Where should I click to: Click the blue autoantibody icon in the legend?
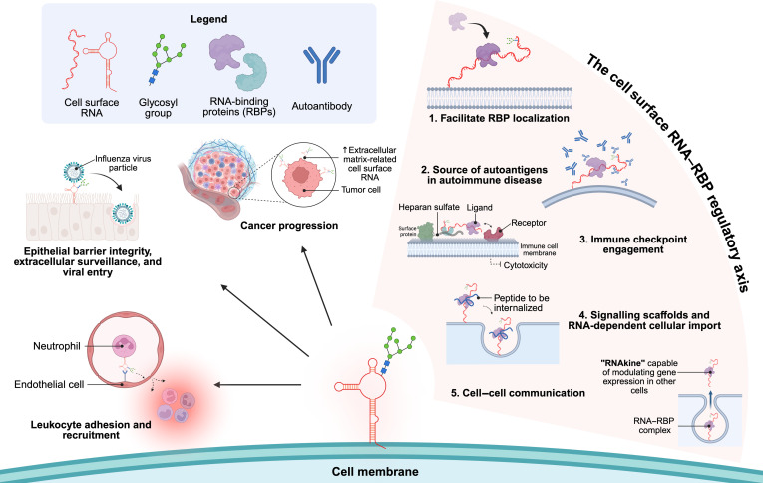coord(321,64)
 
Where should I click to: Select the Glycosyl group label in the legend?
coord(158,108)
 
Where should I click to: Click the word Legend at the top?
coord(208,20)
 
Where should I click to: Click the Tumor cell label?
coord(361,190)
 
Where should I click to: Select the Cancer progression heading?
coord(289,226)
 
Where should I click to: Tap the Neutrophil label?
coord(57,346)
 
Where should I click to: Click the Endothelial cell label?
coord(49,384)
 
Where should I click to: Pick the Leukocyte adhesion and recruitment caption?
coord(91,430)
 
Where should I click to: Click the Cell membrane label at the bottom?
coord(375,471)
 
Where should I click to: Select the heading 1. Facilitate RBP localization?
coord(499,118)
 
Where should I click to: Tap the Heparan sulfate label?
coord(429,207)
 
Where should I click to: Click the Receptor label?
coord(529,223)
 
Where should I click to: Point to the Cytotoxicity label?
coord(526,265)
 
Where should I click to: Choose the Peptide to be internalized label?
coord(522,303)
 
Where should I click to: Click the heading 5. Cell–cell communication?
coord(518,393)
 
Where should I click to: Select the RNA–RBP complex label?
coord(654,425)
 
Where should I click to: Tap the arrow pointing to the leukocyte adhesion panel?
coord(258,385)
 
